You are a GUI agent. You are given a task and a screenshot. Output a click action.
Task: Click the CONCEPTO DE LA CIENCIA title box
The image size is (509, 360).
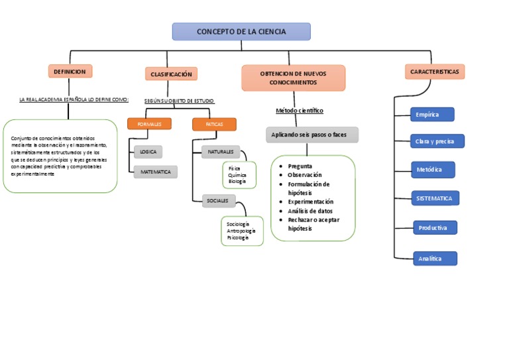tap(241, 32)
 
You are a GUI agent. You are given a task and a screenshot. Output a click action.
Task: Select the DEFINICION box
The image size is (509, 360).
tap(70, 71)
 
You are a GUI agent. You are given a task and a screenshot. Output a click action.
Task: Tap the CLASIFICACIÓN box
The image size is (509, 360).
tap(171, 74)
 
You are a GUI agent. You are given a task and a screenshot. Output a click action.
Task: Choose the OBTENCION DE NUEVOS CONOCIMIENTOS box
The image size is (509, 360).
tap(293, 78)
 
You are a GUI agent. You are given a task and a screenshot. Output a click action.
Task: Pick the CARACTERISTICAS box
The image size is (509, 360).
tap(435, 72)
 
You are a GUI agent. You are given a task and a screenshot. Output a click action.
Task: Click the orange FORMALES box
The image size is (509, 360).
tap(149, 124)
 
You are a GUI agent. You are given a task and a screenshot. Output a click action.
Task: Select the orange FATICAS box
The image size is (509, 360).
tap(214, 124)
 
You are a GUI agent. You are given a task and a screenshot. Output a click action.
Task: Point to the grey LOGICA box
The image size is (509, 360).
tap(148, 152)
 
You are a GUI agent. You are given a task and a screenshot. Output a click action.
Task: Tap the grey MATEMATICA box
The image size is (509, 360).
tap(156, 172)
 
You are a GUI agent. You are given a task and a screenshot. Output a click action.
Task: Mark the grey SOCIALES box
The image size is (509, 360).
tap(218, 200)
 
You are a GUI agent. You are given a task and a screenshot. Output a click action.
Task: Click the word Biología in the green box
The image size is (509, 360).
tap(237, 181)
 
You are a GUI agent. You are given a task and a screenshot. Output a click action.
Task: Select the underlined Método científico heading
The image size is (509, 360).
tap(300, 111)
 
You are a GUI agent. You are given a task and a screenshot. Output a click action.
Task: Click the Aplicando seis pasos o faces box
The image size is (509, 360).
tap(311, 135)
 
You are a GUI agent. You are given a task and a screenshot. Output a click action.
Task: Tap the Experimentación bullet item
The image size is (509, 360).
tap(310, 202)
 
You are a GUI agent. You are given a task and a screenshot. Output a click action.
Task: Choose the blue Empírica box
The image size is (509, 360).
tap(432, 115)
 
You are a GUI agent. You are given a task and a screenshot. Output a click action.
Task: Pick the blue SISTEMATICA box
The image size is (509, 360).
tap(435, 198)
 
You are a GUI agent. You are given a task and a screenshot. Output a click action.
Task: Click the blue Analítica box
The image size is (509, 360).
tap(434, 259)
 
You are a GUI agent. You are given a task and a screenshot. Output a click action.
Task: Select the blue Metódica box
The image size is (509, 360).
tap(433, 170)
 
